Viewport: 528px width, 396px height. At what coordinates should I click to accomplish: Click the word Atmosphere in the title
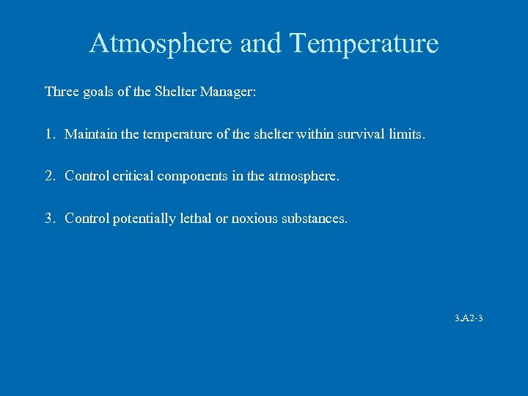161,44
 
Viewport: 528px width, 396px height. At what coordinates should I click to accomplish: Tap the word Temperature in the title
364,44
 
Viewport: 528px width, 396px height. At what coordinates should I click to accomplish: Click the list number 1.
48,135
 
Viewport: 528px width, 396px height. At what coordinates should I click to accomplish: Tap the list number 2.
48,177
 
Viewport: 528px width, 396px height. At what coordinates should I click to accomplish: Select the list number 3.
48,219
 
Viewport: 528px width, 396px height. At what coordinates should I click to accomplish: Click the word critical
134,177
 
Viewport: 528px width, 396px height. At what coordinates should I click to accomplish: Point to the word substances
315,219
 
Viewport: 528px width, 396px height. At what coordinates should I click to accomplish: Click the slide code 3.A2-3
468,318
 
